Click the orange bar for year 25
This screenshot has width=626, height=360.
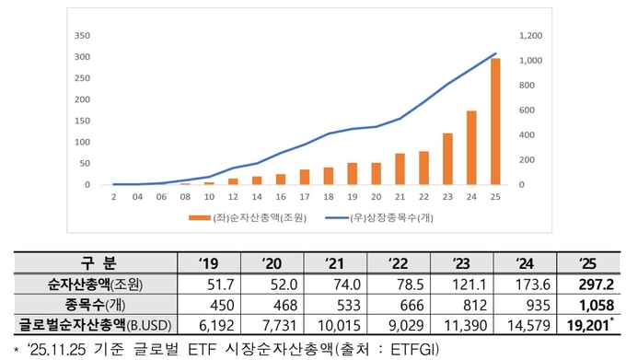click(x=495, y=122)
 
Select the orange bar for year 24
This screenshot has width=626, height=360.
click(x=471, y=147)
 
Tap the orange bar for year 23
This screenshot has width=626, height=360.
click(x=447, y=159)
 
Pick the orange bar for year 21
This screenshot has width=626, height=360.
click(x=400, y=168)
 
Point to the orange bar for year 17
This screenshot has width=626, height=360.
click(x=305, y=177)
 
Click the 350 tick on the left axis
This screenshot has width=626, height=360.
click(x=82, y=36)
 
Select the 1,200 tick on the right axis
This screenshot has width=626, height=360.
click(x=530, y=36)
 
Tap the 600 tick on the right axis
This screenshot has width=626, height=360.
click(x=527, y=110)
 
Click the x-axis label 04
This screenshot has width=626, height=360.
click(x=137, y=197)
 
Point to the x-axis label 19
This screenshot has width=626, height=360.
click(x=352, y=197)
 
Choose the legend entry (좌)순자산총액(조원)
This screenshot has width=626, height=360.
click(x=248, y=218)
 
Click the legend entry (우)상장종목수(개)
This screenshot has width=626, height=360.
click(x=379, y=218)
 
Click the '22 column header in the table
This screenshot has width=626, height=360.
click(x=399, y=263)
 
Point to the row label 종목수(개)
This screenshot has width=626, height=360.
click(x=95, y=305)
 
